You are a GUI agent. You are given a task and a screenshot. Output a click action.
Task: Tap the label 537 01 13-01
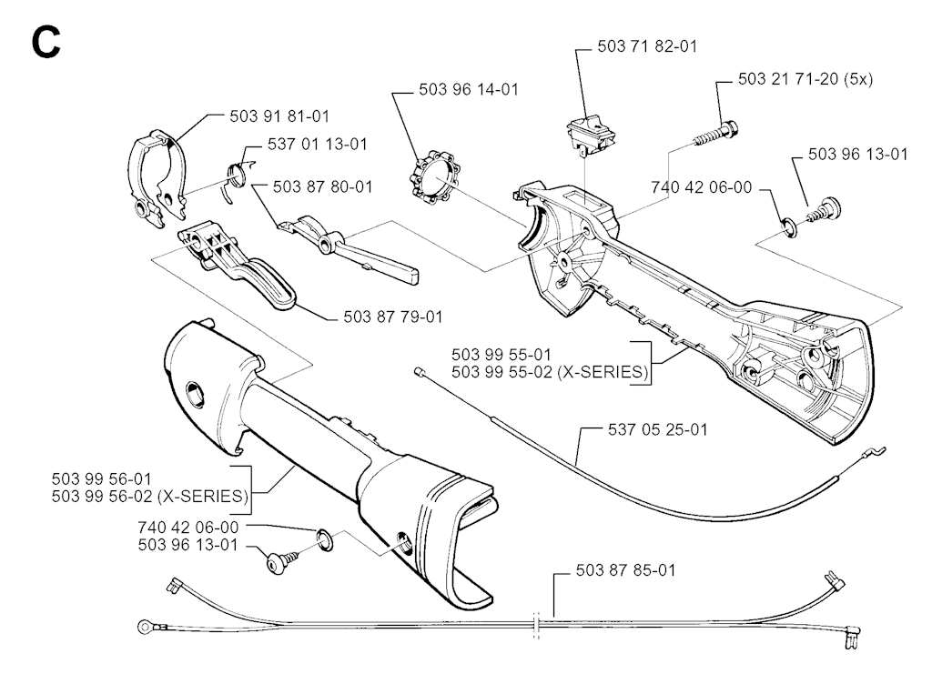click(318, 145)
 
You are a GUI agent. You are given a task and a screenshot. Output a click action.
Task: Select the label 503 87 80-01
click(322, 186)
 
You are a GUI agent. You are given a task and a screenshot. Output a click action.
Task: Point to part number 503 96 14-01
click(468, 90)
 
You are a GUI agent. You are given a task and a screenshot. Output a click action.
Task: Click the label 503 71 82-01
click(647, 46)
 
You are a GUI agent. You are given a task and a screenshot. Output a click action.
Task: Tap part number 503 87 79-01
click(393, 317)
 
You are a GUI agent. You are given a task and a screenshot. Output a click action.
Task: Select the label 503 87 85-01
click(626, 571)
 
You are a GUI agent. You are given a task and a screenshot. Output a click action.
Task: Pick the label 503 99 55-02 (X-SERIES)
click(549, 371)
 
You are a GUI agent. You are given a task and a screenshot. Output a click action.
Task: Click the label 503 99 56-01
click(102, 478)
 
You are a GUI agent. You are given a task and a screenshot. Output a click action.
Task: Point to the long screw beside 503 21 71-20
click(714, 133)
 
